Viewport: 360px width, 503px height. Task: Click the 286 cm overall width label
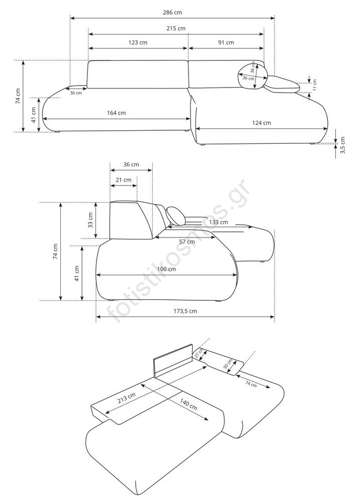172,13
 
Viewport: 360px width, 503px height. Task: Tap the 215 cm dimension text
175,28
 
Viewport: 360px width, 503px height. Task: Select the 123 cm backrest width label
138,42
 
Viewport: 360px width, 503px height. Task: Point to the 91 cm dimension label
226,42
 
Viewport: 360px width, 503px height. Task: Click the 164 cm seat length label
116,113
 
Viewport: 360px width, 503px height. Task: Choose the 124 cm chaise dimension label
261,123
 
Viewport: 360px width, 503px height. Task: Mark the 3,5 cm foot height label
342,145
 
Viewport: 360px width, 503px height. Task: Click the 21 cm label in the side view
123,180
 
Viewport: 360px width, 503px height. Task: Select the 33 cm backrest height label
91,220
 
